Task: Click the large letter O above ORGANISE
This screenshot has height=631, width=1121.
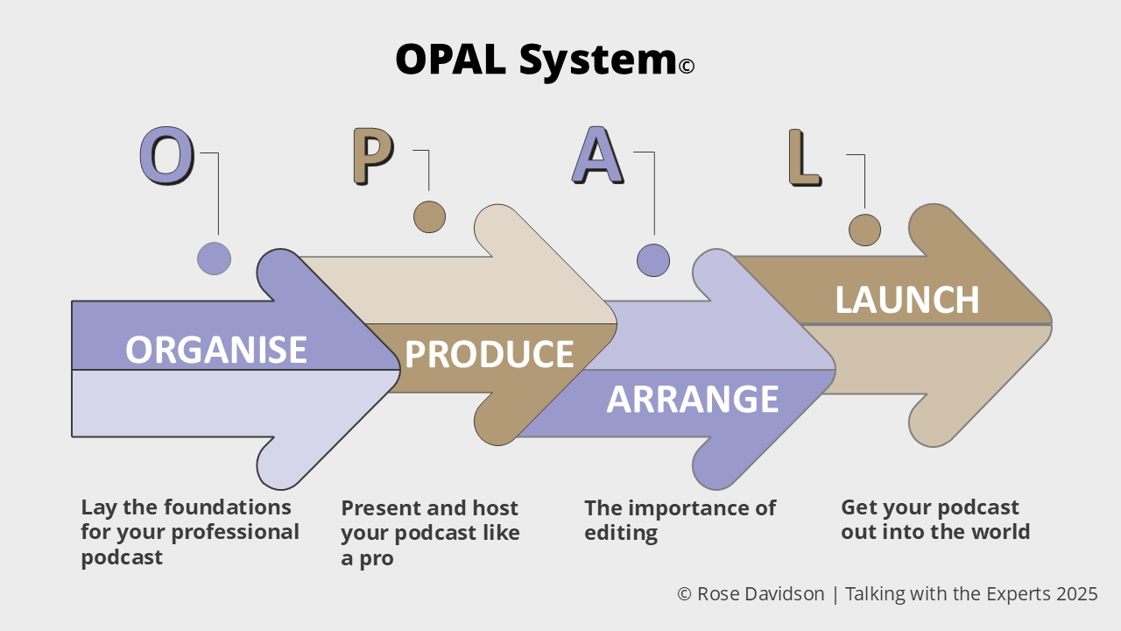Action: click(166, 156)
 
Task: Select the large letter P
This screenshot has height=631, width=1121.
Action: click(373, 157)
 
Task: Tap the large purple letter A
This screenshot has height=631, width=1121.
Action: click(597, 156)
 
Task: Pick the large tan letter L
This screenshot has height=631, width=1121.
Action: click(804, 159)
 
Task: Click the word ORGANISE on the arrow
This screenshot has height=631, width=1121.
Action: click(215, 350)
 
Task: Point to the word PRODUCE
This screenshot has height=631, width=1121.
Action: click(489, 354)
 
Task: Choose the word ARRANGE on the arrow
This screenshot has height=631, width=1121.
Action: click(693, 400)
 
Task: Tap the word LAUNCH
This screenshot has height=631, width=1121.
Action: click(906, 300)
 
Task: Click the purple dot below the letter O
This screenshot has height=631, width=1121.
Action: click(214, 259)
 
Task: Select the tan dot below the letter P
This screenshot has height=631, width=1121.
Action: click(429, 216)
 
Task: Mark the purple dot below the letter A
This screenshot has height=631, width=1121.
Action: click(653, 260)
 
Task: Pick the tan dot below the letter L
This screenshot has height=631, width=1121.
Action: click(864, 230)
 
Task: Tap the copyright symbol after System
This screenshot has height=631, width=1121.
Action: click(687, 66)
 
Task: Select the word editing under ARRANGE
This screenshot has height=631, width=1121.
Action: click(621, 533)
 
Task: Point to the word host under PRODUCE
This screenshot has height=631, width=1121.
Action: click(496, 508)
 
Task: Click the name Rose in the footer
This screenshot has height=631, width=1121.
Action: click(718, 594)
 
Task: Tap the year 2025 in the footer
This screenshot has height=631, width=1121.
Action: click(1076, 594)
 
